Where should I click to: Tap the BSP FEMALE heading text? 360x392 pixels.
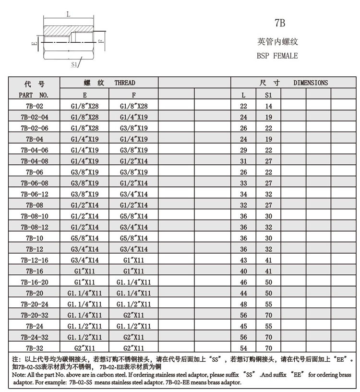click(277, 56)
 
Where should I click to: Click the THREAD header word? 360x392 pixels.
click(125, 83)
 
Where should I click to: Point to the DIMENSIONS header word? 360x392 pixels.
click(311, 83)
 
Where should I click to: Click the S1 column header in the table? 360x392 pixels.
click(268, 95)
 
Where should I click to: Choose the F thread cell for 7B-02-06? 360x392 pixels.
click(134, 128)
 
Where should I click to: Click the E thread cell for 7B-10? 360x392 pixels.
click(84, 238)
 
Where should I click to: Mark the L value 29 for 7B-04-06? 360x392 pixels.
click(243, 150)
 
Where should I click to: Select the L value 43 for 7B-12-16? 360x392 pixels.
click(243, 260)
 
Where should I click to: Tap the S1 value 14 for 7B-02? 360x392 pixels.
click(268, 106)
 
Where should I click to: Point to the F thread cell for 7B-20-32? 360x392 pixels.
click(134, 315)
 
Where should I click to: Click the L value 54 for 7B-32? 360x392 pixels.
click(243, 348)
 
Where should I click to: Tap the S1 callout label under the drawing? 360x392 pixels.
click(74, 63)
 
